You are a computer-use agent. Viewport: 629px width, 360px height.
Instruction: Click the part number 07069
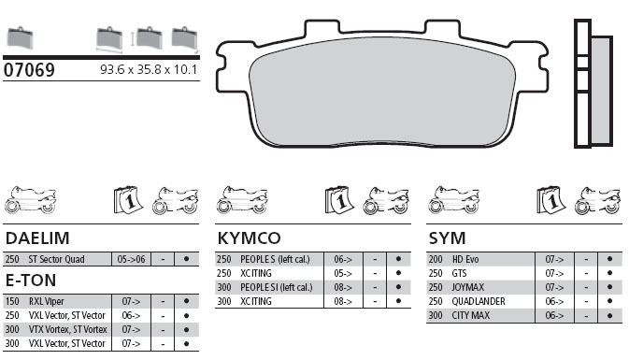(x=29, y=70)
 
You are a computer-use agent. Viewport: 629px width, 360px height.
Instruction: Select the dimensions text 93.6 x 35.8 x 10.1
(x=149, y=70)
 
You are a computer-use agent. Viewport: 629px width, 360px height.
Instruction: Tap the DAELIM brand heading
(x=37, y=238)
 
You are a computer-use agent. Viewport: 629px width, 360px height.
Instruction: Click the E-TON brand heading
(x=31, y=281)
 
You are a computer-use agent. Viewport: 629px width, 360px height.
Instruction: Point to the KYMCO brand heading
(x=249, y=238)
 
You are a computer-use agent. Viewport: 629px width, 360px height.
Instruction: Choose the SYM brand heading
(x=448, y=238)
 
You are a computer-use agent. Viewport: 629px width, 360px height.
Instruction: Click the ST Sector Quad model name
(x=56, y=259)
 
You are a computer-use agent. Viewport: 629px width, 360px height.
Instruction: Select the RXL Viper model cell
(x=46, y=301)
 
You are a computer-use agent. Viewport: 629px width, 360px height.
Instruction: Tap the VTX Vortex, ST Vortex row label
(x=68, y=329)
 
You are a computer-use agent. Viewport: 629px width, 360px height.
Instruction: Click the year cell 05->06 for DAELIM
(x=131, y=259)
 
